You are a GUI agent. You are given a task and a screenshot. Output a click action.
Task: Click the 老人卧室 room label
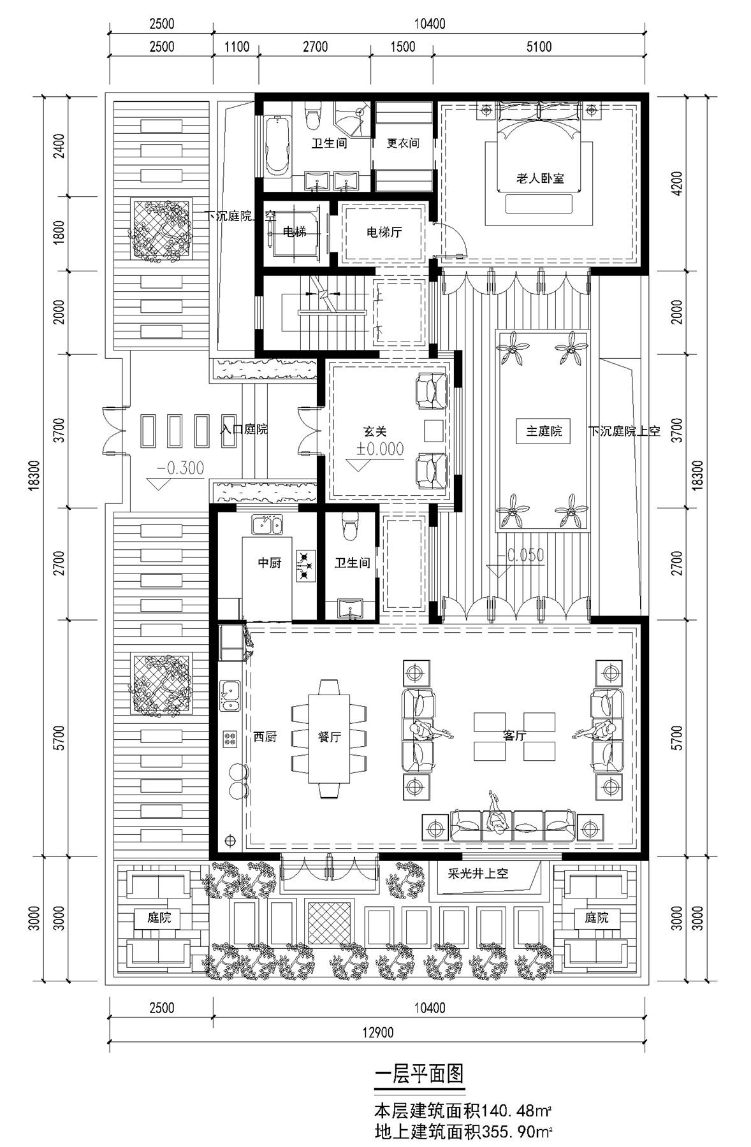[540, 178]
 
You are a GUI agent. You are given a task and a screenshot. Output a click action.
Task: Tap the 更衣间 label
[403, 143]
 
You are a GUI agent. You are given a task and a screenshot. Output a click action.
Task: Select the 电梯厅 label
[384, 232]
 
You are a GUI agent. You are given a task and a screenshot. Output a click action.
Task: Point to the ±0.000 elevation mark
[380, 449]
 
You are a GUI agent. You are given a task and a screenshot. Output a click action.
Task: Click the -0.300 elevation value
[180, 468]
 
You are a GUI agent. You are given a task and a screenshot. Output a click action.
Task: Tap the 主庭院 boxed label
[544, 431]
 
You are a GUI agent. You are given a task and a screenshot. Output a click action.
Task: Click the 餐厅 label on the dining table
[330, 737]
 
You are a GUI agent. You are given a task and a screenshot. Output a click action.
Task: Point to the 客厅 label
[514, 736]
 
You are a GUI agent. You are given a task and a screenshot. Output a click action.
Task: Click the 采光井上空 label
[478, 874]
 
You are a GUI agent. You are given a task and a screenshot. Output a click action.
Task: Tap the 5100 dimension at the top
[539, 47]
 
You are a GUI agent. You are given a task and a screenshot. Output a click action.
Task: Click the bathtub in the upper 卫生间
[277, 146]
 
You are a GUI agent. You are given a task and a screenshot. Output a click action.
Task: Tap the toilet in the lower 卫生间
[348, 524]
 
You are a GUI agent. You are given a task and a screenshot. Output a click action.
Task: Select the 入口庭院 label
[244, 429]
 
